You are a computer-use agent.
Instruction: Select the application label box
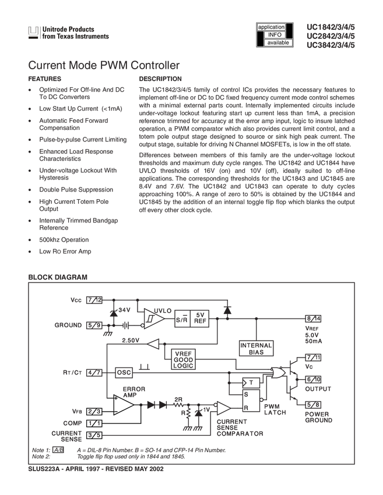coord(271,27)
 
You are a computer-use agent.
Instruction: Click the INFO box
coord(275,35)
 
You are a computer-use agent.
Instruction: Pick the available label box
coord(279,43)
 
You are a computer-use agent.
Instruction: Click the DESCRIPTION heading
coord(160,78)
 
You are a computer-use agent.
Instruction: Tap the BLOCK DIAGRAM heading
coord(58,277)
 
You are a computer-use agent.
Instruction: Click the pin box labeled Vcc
coord(93,300)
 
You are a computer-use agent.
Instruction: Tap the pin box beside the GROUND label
coord(93,325)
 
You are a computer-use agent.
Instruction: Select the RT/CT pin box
coord(93,371)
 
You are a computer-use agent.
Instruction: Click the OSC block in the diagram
coord(123,371)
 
